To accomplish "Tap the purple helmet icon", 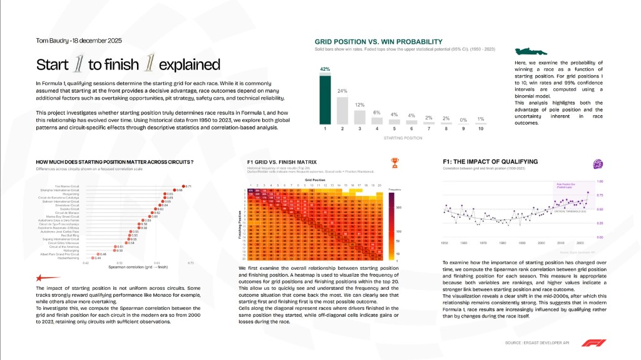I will pos(598,163).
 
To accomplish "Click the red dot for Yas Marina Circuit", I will pos(183,186).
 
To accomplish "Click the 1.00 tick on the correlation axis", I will pos(600,182).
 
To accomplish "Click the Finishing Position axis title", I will pos(240,221).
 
